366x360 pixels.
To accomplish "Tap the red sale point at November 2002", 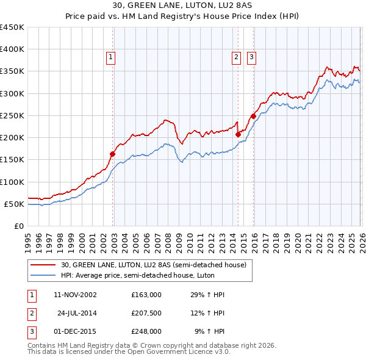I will coord(113,154).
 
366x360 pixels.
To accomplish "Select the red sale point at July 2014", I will coord(238,134).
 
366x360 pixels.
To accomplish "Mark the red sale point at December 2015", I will coord(253,117).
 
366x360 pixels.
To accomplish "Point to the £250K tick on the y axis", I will coord(12,115).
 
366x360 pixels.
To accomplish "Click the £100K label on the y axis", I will coord(12,182).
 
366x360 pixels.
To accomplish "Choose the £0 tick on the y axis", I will coord(18,226).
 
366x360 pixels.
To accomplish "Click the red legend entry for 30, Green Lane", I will coord(153,265).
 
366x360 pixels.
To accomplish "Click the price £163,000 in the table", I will coord(146,295).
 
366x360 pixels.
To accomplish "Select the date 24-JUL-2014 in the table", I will coord(77,313).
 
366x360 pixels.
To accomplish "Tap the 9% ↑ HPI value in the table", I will coord(209,331).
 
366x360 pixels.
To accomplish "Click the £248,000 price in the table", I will coord(146,331).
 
